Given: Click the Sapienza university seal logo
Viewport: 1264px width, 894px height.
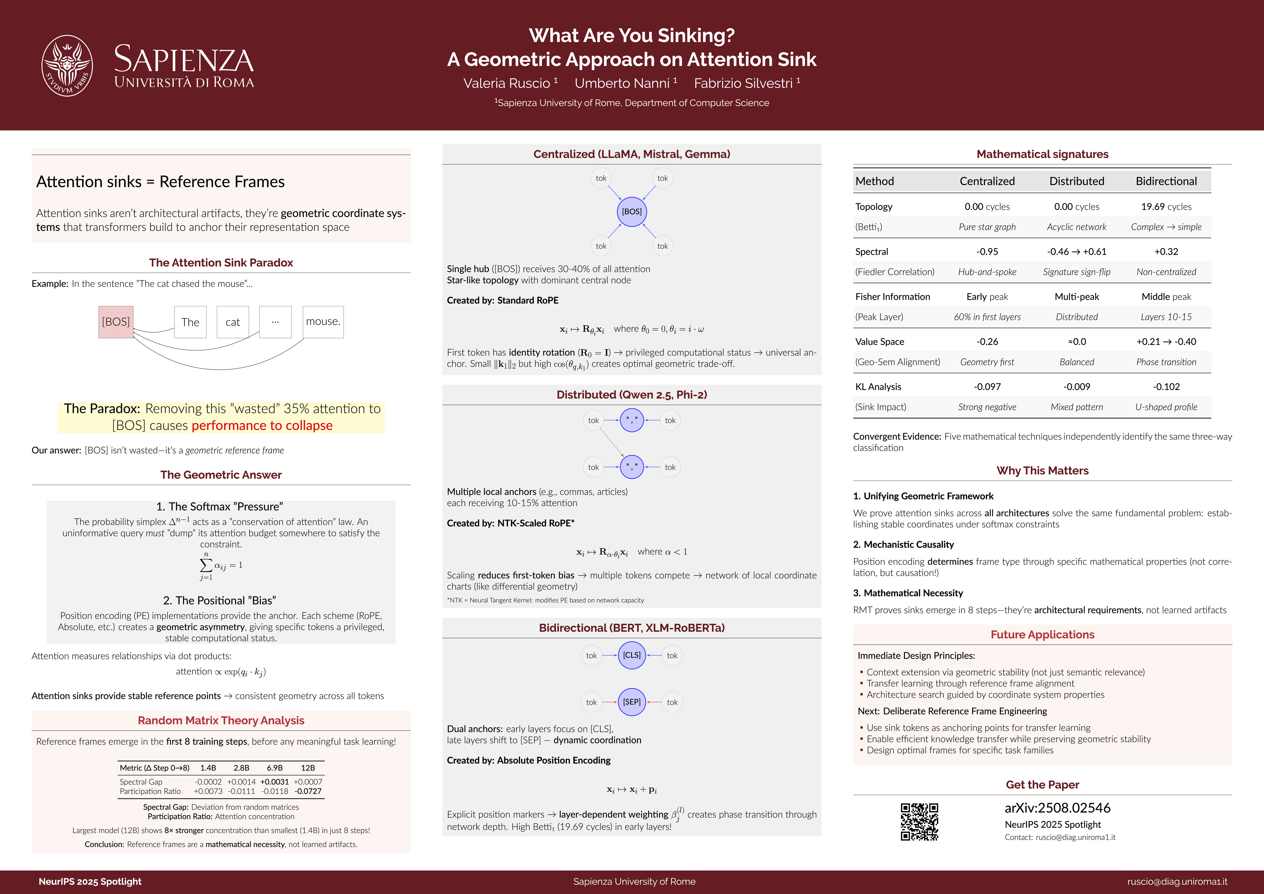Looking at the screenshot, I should [67, 65].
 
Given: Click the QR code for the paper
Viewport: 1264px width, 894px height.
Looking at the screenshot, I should [919, 821].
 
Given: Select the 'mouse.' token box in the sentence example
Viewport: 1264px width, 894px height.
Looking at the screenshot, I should [323, 322].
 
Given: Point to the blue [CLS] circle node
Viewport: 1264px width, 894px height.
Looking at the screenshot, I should [631, 655].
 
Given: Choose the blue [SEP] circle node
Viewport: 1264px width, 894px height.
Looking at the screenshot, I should [631, 702].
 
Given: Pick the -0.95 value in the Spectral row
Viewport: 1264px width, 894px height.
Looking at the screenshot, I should [987, 251].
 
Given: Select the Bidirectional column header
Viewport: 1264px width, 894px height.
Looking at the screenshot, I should [1166, 181].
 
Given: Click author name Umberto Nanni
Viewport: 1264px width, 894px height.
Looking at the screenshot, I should [622, 83].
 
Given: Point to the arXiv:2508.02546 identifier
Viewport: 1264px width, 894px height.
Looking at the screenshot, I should [1057, 808].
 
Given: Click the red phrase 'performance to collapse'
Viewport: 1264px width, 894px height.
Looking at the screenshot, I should [262, 426].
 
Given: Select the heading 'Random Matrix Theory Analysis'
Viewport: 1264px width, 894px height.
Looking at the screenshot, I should [221, 720].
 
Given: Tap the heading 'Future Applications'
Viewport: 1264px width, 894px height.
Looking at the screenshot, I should [1042, 635].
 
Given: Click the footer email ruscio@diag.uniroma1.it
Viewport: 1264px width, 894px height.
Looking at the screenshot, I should [1177, 881].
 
